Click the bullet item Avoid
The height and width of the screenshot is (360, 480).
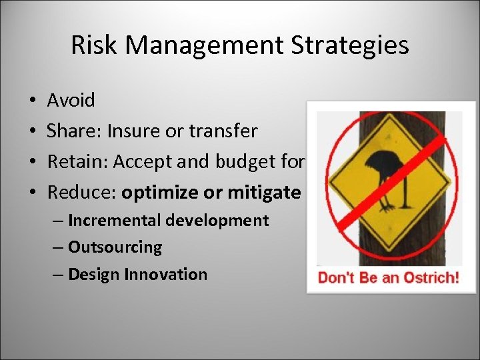pos(71,101)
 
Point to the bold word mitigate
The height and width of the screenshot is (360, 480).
pos(265,193)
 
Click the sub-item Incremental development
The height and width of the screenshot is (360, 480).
pos(168,221)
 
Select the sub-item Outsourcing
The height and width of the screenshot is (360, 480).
pos(115,247)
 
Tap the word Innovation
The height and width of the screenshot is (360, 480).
pos(172,274)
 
